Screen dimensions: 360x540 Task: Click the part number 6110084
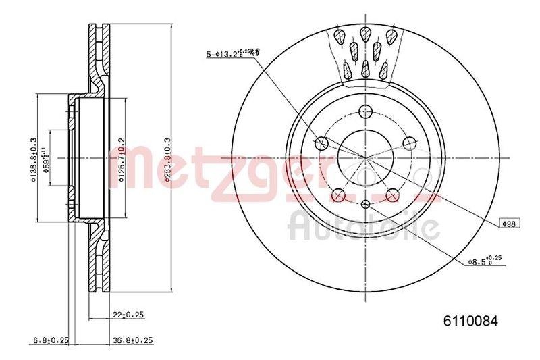click(x=470, y=322)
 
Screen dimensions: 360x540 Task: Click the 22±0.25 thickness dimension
click(x=131, y=313)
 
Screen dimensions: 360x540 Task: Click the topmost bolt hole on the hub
click(x=365, y=112)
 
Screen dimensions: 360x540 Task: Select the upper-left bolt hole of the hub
click(x=322, y=143)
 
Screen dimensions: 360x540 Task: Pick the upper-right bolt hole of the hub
click(x=408, y=143)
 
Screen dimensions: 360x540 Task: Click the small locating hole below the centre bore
click(x=365, y=203)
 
